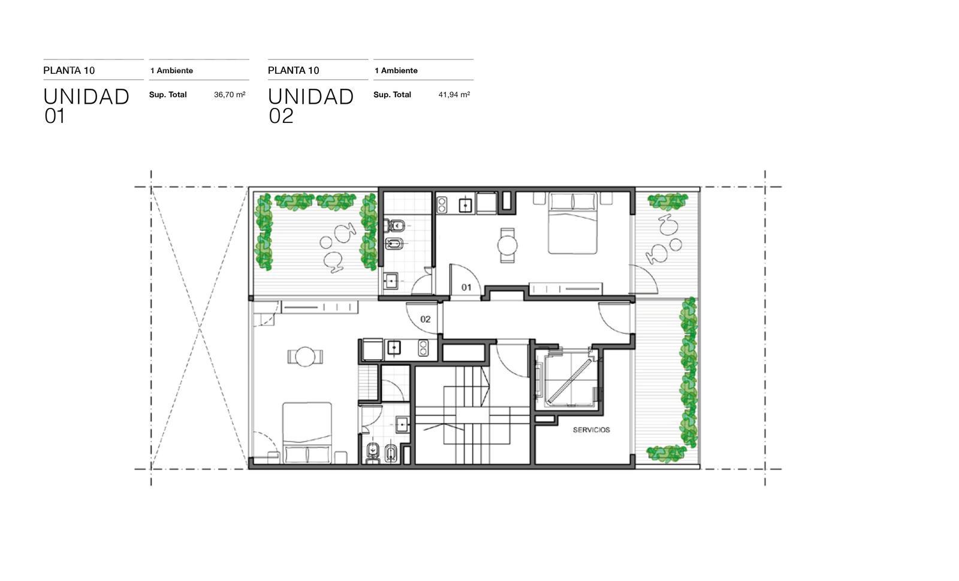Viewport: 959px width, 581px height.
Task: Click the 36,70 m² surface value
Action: pos(230,95)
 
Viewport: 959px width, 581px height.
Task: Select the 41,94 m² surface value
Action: pos(454,95)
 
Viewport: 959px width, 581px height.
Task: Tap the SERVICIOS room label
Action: pos(591,429)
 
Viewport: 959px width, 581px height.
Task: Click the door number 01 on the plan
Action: pos(466,287)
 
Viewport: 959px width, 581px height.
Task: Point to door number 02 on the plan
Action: pos(425,319)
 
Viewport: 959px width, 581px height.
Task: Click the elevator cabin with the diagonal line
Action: pos(570,379)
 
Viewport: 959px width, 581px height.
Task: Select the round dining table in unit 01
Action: pos(507,245)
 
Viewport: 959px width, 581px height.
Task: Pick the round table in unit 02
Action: pos(305,356)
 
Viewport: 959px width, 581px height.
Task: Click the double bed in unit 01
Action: pos(573,223)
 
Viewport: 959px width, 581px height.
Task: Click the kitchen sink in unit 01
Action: pos(465,206)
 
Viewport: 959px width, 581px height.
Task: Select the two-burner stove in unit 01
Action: pos(442,204)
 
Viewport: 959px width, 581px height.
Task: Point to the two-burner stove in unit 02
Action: pos(423,348)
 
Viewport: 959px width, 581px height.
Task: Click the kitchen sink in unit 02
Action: pos(394,348)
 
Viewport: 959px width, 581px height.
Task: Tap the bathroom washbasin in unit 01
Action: pos(390,281)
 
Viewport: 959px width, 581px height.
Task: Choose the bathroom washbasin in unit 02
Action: pos(402,425)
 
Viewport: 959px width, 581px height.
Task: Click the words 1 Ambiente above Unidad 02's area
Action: pos(396,71)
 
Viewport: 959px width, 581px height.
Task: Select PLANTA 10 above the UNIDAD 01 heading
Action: pos(69,71)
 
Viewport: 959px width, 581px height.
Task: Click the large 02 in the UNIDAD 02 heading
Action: pos(281,116)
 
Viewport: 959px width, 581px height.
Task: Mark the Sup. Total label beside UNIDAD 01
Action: pos(168,95)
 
